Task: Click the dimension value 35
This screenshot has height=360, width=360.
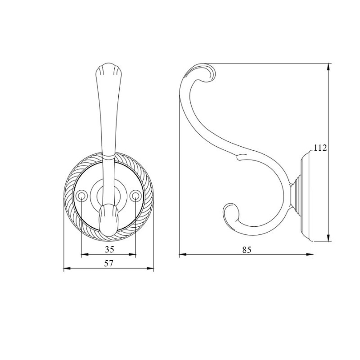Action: click(x=110, y=249)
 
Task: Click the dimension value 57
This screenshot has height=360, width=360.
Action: click(x=109, y=263)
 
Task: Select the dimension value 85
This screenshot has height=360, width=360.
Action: click(x=247, y=249)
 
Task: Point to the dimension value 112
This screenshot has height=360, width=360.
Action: click(x=320, y=148)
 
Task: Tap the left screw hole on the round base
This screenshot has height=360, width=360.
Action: click(x=82, y=196)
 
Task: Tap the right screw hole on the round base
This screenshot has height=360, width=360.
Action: click(x=135, y=196)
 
